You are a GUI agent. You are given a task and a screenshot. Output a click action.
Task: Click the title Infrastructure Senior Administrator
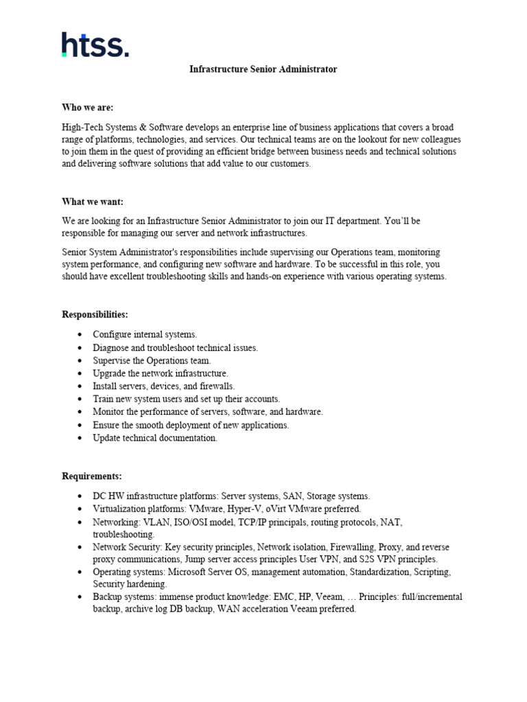click(263, 70)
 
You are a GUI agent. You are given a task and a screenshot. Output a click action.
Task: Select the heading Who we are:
click(88, 108)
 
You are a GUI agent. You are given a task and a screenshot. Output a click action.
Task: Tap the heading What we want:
click(93, 202)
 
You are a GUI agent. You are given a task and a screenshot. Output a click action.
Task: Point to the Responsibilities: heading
click(95, 315)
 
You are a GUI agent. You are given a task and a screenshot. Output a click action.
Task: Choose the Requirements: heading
click(92, 476)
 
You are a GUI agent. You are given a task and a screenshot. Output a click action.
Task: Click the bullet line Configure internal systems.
click(145, 335)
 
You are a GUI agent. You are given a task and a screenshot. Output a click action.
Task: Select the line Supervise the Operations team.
click(152, 361)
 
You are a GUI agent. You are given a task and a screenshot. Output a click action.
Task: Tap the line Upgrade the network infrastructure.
click(161, 374)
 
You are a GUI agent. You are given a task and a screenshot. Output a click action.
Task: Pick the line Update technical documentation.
click(155, 438)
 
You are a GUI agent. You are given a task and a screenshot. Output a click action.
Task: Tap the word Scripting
click(431, 571)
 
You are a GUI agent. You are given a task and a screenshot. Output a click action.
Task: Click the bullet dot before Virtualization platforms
click(80, 509)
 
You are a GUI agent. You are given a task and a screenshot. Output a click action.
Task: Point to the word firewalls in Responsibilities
click(213, 386)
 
